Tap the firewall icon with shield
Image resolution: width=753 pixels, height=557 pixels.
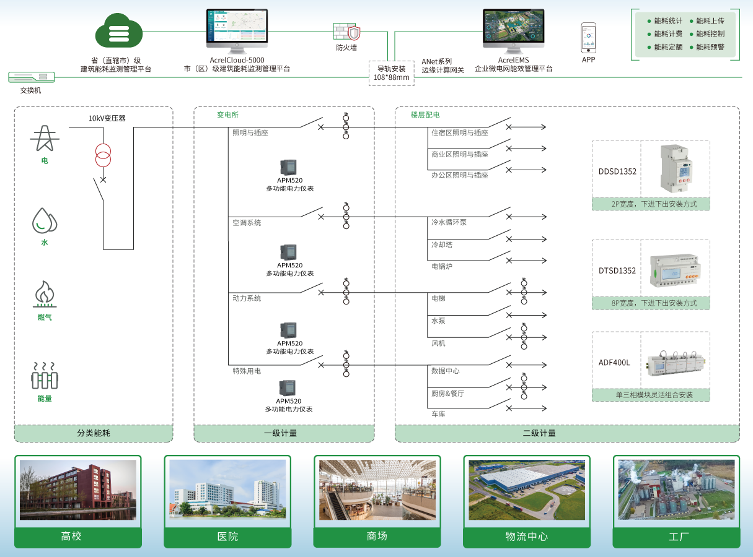(346, 32)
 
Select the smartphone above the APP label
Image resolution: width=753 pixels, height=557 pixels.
(588, 38)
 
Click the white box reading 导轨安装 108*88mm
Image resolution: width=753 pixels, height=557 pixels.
(391, 73)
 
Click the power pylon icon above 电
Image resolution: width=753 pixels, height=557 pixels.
(44, 139)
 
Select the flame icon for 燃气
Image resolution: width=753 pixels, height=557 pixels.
(44, 295)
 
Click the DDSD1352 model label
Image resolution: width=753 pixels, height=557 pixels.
(617, 171)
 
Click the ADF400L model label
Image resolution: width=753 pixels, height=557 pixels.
(614, 363)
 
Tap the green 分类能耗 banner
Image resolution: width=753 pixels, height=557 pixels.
(94, 433)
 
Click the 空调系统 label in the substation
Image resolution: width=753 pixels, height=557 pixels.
(247, 222)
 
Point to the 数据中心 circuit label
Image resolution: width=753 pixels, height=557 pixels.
(446, 371)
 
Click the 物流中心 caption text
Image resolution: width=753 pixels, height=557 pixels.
(526, 536)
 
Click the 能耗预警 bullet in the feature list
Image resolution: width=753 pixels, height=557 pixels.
(710, 47)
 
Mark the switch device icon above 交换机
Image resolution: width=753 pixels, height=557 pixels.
(32, 77)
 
